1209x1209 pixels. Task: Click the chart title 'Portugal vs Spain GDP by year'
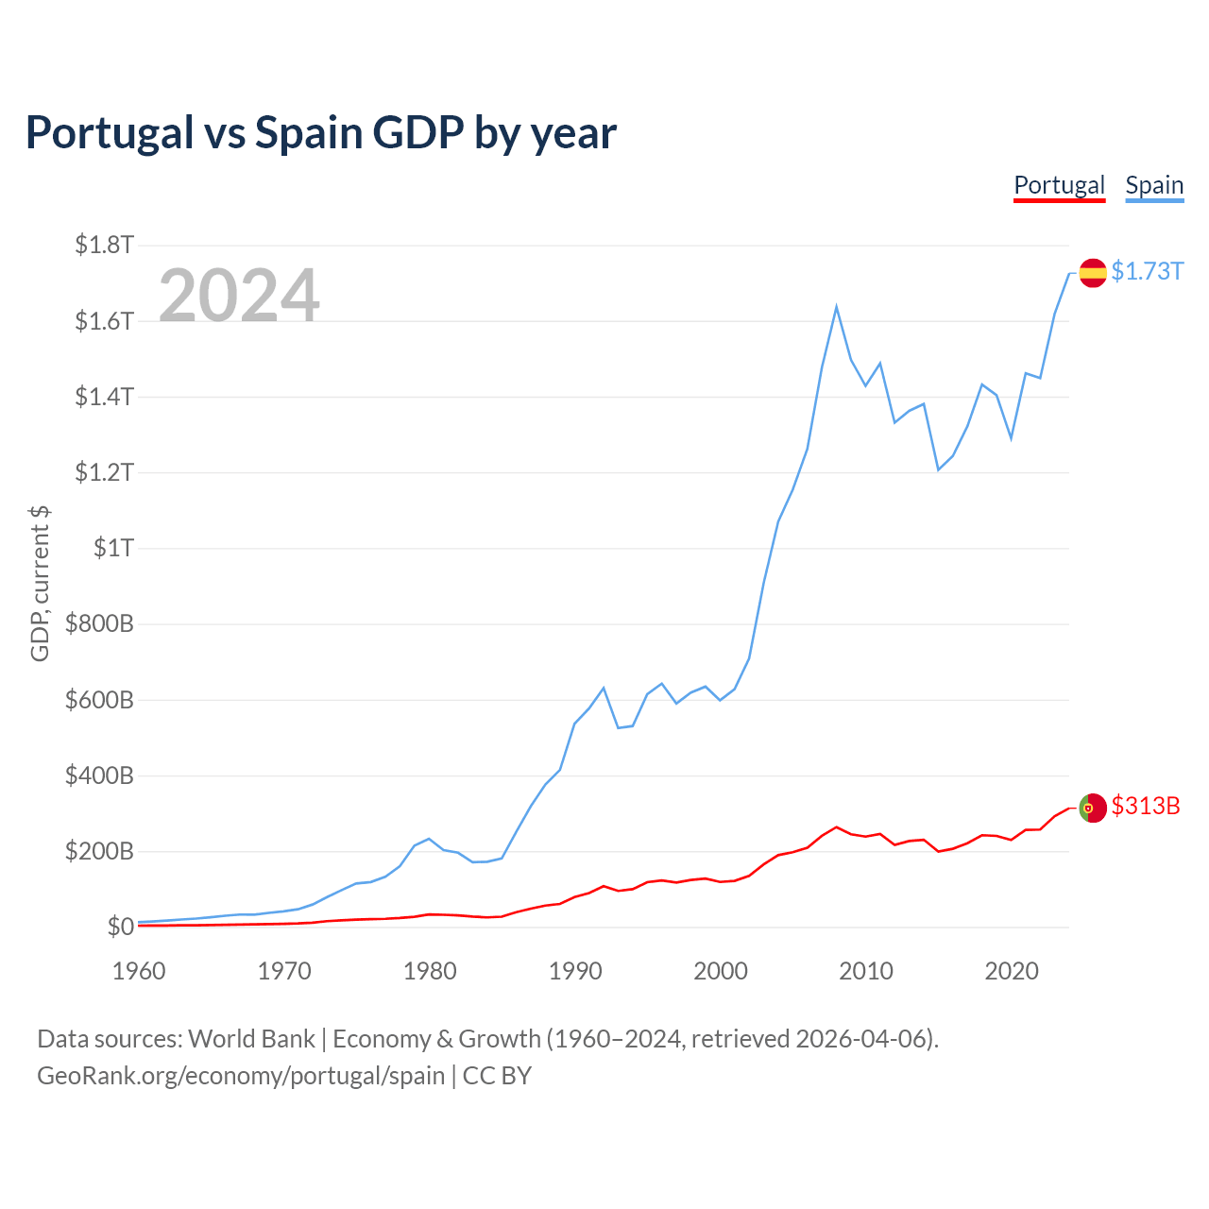pos(321,132)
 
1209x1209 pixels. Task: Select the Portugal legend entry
pos(1059,185)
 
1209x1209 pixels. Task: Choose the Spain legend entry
pos(1154,185)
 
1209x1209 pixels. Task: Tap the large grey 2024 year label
pos(239,296)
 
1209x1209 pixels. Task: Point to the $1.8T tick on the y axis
pos(105,246)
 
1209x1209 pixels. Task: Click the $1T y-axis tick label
pos(113,548)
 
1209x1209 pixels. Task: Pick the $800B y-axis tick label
pos(99,623)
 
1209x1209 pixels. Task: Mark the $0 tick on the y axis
pos(120,927)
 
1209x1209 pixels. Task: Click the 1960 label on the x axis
pos(139,971)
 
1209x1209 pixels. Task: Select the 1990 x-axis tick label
pos(575,971)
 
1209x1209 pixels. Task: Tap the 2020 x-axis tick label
pos(1012,971)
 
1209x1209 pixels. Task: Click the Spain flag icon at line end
pos(1093,273)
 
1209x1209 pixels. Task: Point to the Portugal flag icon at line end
pos(1093,808)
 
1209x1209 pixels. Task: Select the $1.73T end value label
pos(1147,271)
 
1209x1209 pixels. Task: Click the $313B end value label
pos(1146,806)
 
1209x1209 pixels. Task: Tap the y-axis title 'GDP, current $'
pos(40,584)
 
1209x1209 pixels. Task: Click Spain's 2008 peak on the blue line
pos(837,307)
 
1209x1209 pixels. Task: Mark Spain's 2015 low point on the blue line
pos(938,469)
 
